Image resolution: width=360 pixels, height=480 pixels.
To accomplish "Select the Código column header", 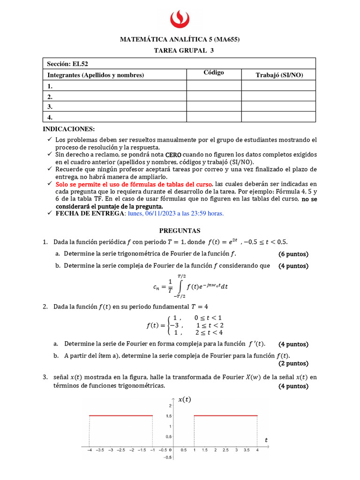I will tap(214, 73).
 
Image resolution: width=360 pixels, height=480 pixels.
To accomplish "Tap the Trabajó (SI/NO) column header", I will tap(279, 75).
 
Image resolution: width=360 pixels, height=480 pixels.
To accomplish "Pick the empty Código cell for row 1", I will tap(214, 86).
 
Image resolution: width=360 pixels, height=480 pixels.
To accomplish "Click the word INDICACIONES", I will tap(69, 129).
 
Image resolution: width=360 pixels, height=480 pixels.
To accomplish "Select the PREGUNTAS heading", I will tap(180, 231).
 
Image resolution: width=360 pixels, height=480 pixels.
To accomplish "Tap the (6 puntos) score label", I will tap(293, 254).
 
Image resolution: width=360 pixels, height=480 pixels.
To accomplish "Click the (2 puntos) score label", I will tap(293, 363).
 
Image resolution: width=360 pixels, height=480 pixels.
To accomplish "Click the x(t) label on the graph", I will tap(185, 399).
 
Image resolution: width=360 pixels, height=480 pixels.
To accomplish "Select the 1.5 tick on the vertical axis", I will tap(167, 416).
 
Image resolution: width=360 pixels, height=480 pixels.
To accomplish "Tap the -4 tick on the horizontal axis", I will tap(89, 450).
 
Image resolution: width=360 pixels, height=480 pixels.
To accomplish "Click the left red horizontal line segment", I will tap(121, 415).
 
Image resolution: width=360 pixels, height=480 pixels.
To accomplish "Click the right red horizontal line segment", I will tap(226, 415).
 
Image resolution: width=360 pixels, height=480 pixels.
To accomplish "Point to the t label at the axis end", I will tap(266, 440).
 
